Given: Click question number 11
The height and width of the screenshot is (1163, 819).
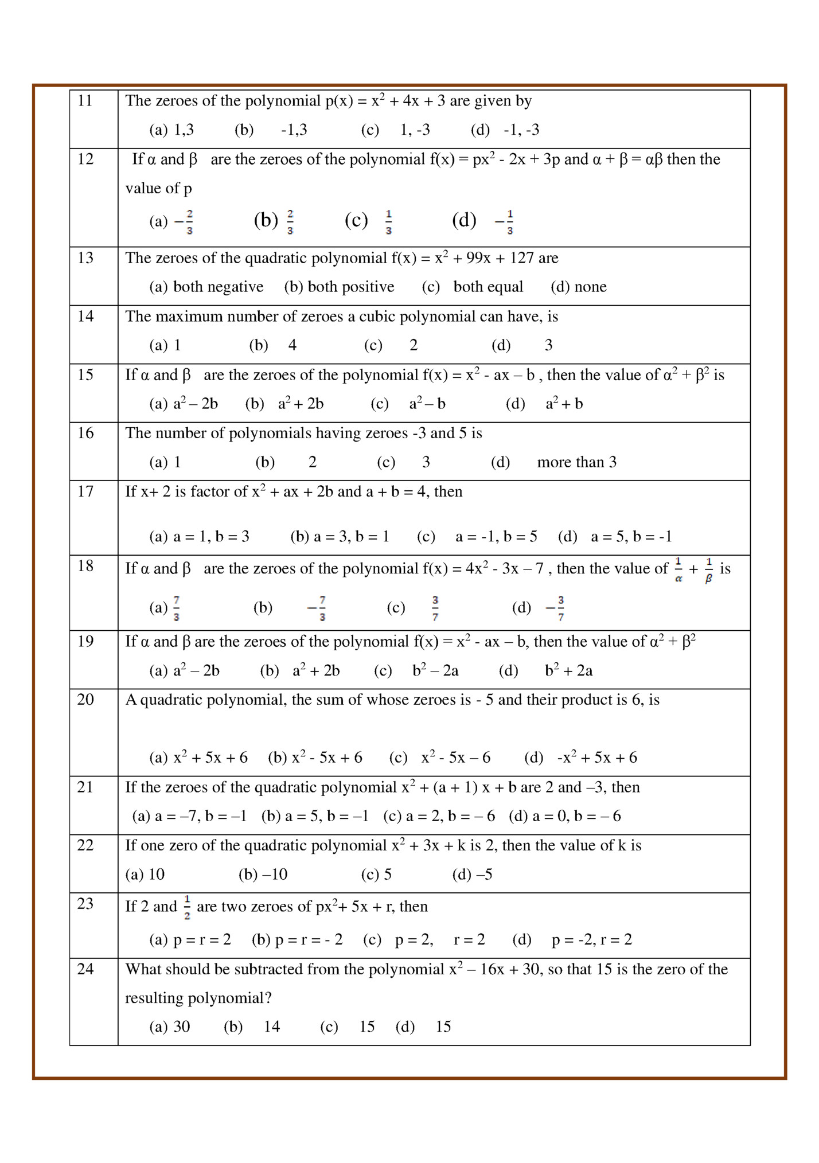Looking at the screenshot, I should click(x=85, y=101).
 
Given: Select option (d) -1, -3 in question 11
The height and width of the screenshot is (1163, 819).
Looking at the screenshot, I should click(x=521, y=130).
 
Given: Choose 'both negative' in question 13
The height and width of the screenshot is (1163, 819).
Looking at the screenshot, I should click(x=218, y=287).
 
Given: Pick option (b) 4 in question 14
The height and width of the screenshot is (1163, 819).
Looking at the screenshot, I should click(x=292, y=345).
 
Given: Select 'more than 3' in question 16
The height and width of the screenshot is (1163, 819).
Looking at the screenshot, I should click(x=576, y=462).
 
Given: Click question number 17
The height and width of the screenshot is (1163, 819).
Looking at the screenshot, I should click(x=85, y=491).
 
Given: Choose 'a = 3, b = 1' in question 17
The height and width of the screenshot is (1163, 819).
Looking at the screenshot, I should click(x=351, y=537).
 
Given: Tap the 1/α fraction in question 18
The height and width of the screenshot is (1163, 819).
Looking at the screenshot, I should click(x=678, y=570).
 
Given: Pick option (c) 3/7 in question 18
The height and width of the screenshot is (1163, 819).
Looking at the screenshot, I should click(x=435, y=608).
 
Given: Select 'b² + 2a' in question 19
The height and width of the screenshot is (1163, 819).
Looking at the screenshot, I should click(x=568, y=670).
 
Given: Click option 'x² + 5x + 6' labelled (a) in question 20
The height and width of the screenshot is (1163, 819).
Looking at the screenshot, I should click(x=210, y=758).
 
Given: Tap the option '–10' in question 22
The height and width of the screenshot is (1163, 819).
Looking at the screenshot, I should click(x=274, y=875).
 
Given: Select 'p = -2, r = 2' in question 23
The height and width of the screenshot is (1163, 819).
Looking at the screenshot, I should click(x=591, y=940).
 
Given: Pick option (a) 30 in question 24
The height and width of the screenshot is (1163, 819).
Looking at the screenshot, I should click(x=181, y=1027).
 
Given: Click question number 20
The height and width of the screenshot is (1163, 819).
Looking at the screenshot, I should click(x=85, y=700).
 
